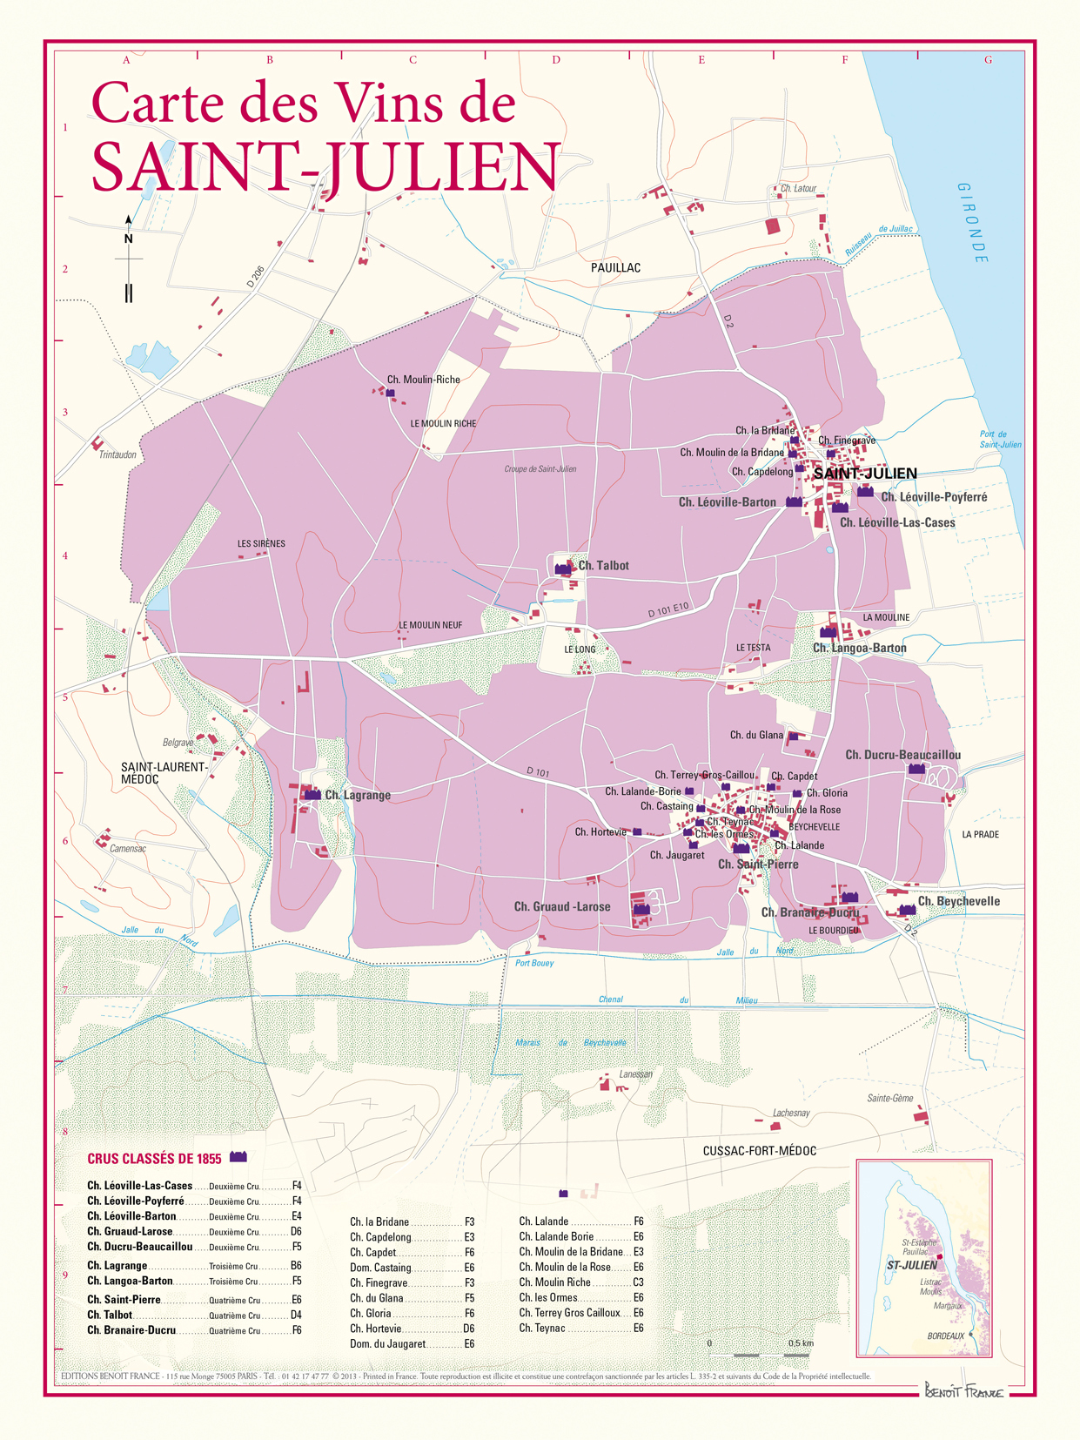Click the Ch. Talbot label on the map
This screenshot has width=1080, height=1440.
[x=603, y=566]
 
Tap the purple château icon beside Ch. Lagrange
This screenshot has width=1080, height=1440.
[x=312, y=794]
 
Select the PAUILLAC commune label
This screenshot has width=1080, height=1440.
[x=615, y=268]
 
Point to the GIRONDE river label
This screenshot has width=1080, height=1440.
[x=973, y=223]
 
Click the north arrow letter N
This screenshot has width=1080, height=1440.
[x=129, y=239]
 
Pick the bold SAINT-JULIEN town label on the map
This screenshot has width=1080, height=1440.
[x=865, y=474]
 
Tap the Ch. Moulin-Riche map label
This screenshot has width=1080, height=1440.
[x=423, y=380]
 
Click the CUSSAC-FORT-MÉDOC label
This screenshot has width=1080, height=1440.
[x=759, y=1151]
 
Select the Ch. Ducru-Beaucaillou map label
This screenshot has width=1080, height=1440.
[x=902, y=755]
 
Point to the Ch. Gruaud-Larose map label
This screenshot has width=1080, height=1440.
[x=561, y=907]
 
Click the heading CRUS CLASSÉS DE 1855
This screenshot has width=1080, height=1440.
[x=154, y=1159]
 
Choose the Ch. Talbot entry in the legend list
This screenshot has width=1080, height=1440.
[x=110, y=1315]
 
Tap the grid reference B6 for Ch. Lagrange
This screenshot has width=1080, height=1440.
[x=296, y=1266]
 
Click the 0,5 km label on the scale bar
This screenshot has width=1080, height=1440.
[x=801, y=1343]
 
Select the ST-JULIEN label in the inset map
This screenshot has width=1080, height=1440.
[x=912, y=1265]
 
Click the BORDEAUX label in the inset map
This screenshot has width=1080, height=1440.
[x=945, y=1336]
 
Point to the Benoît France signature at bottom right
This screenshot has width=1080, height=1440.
[x=963, y=1390]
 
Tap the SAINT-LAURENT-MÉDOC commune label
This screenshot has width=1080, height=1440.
[x=164, y=773]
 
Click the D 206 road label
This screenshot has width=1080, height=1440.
[x=255, y=278]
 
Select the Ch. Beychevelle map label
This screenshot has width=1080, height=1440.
[x=958, y=901]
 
